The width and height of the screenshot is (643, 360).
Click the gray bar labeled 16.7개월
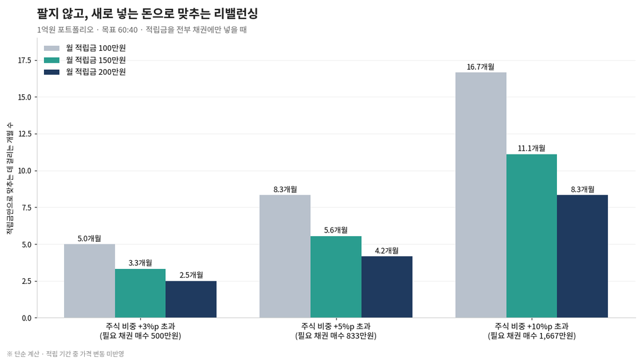(480, 195)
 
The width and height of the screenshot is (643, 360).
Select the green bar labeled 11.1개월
(531, 236)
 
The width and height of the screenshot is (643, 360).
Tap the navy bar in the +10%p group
(582, 256)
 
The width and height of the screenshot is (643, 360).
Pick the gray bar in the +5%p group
(285, 256)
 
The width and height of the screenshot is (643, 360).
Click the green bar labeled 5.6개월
(336, 277)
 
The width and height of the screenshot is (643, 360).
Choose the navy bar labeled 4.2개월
(387, 287)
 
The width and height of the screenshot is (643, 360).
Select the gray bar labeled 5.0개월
(89, 281)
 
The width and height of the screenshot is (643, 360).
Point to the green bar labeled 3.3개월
(140, 293)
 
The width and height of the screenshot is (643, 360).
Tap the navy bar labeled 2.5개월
(191, 299)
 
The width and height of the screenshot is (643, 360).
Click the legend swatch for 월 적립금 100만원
(51, 48)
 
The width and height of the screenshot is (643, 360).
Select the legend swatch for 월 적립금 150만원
(51, 60)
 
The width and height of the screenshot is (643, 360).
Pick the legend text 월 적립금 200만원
(96, 72)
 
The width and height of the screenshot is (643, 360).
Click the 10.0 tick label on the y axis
(24, 171)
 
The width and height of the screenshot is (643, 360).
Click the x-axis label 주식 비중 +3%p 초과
(140, 326)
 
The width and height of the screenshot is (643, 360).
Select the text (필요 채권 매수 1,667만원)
(531, 335)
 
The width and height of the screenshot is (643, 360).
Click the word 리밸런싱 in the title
(235, 14)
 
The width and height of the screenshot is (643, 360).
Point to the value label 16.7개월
(480, 67)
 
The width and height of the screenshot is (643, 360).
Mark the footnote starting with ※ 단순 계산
(65, 354)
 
